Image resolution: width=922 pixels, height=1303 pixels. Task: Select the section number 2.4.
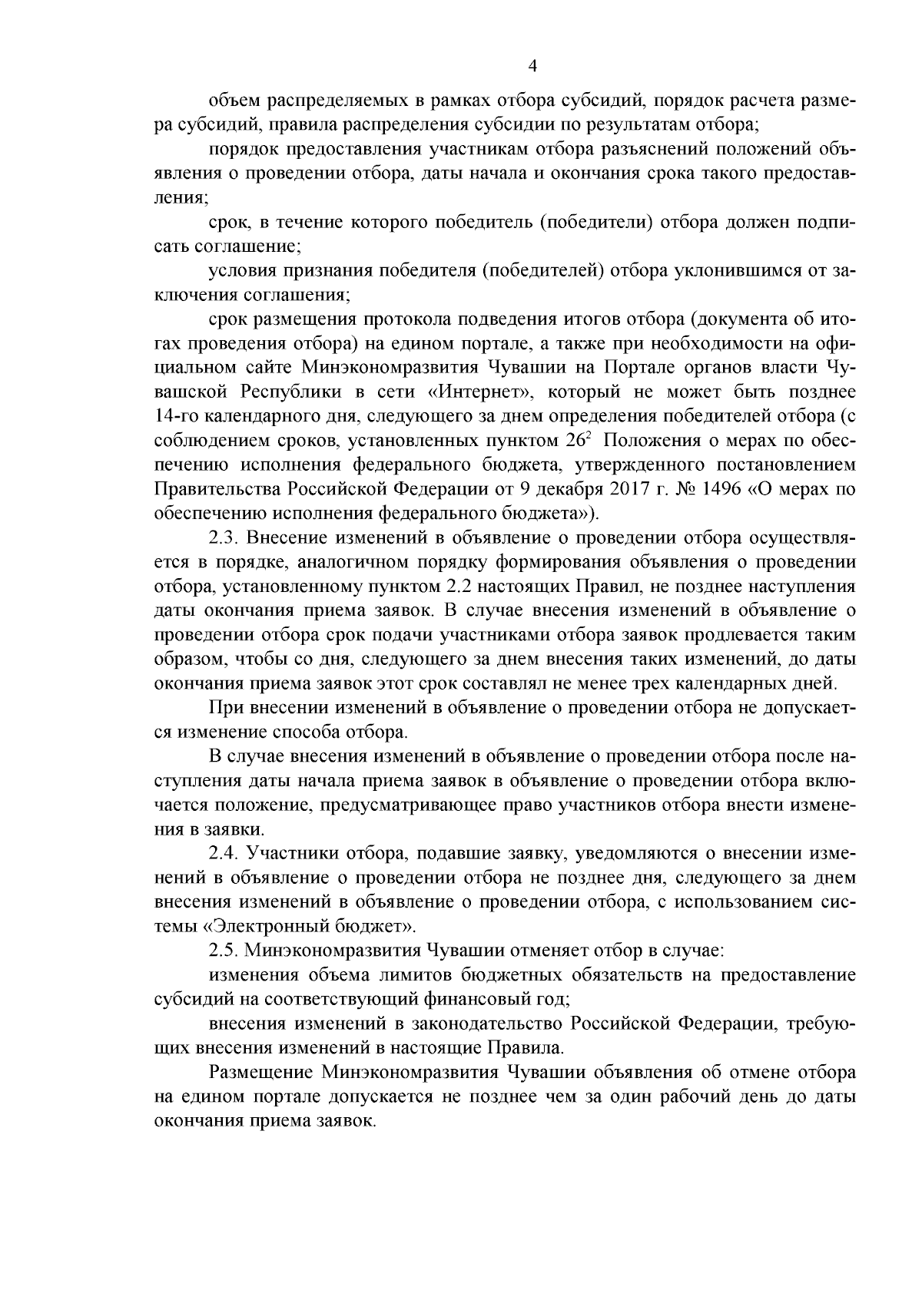click(224, 853)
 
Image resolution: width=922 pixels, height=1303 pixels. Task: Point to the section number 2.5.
click(224, 951)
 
